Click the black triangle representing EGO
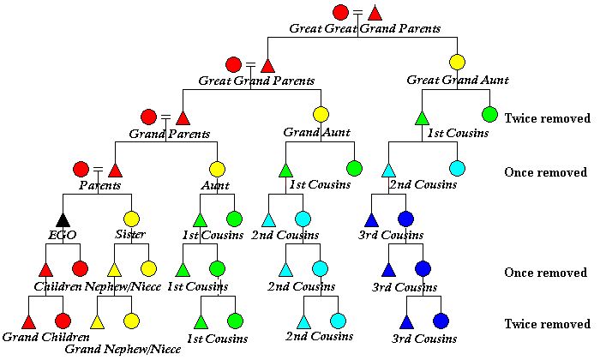pyautogui.click(x=63, y=219)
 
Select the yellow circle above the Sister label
pyautogui.click(x=131, y=219)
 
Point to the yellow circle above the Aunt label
pyautogui.click(x=217, y=169)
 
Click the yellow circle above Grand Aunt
pyautogui.click(x=321, y=114)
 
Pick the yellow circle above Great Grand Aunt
pyautogui.click(x=457, y=62)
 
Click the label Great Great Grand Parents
pyautogui.click(x=364, y=28)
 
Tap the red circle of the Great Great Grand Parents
pyautogui.click(x=340, y=12)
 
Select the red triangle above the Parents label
pyautogui.click(x=116, y=169)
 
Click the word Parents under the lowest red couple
pyautogui.click(x=99, y=184)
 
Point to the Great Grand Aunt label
pyautogui.click(x=457, y=80)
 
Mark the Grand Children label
pyautogui.click(x=45, y=336)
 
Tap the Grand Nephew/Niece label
pyautogui.click(x=123, y=349)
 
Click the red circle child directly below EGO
pyautogui.click(x=80, y=270)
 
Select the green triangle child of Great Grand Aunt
pyautogui.click(x=422, y=116)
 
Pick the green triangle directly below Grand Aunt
pyautogui.click(x=285, y=169)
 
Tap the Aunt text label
pyautogui.click(x=216, y=184)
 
